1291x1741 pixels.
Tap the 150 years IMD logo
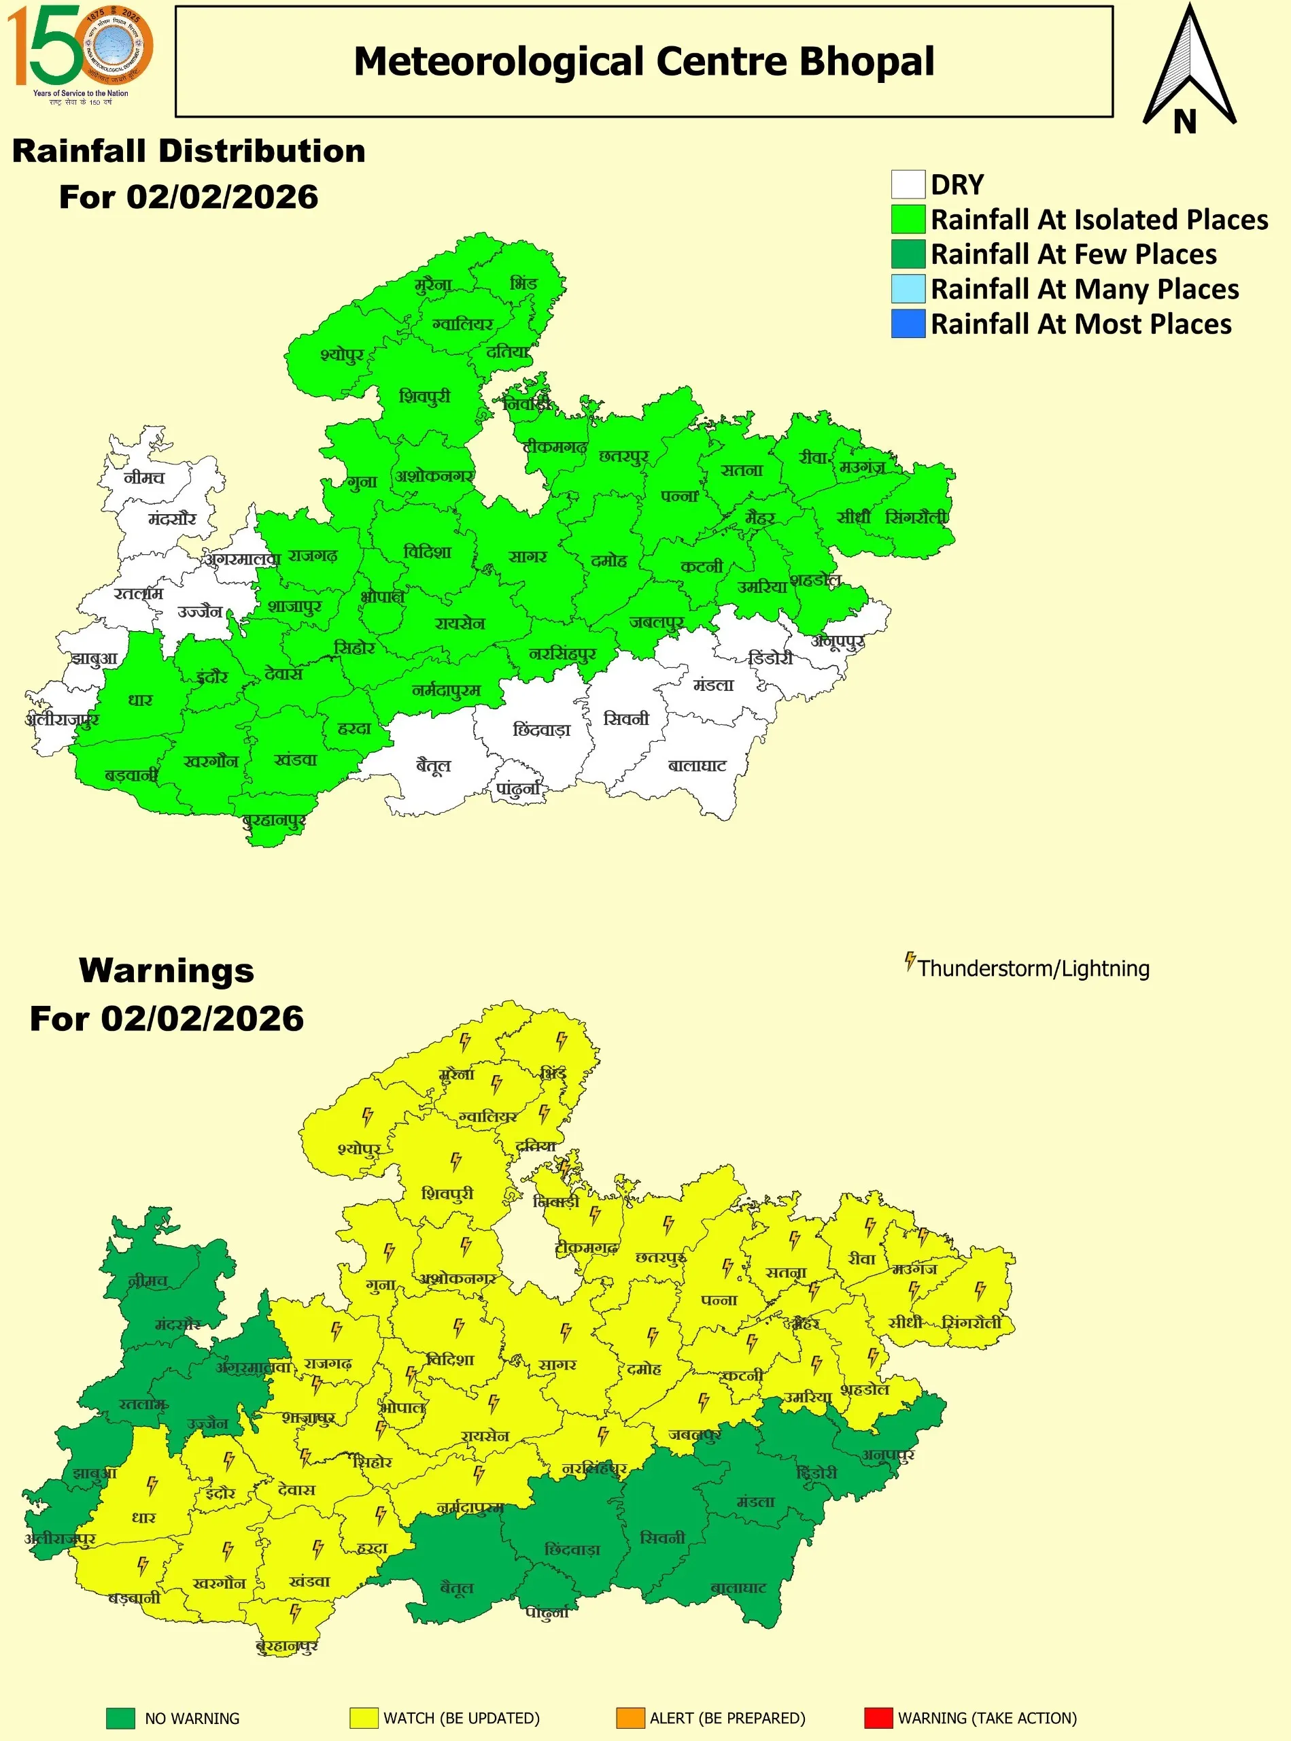(x=80, y=54)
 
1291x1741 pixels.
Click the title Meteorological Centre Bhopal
(x=644, y=62)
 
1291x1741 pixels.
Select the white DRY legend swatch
(x=908, y=184)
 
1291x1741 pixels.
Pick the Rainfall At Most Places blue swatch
(x=908, y=324)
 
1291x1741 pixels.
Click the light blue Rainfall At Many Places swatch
(x=908, y=288)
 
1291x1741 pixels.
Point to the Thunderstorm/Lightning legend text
(x=1033, y=968)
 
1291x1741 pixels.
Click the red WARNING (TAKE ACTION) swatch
(x=878, y=1718)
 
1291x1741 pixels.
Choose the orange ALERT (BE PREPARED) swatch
(x=630, y=1718)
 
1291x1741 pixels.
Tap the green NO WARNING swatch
(x=120, y=1718)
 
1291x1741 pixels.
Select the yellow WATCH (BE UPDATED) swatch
(x=364, y=1718)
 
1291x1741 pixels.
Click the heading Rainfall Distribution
(x=188, y=151)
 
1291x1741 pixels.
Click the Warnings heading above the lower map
(x=167, y=970)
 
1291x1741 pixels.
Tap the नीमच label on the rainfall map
(x=145, y=477)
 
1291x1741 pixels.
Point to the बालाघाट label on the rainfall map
(x=697, y=765)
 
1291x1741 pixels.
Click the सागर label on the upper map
(x=528, y=556)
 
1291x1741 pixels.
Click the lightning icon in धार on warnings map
(x=152, y=1485)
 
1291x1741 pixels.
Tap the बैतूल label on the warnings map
(x=456, y=1587)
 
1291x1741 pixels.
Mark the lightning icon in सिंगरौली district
(x=980, y=1290)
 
